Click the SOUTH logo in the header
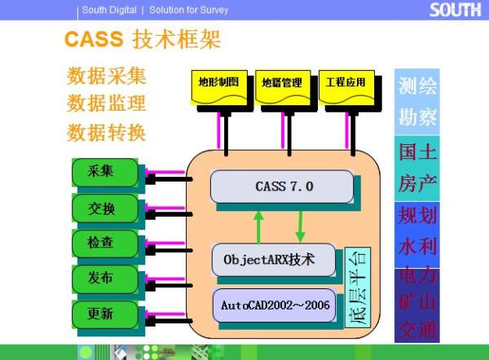(x=457, y=10)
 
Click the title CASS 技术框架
(x=143, y=40)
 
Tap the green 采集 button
(x=101, y=172)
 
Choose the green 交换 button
(x=101, y=209)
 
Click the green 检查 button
(x=101, y=243)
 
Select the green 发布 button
(x=101, y=279)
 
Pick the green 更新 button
(x=101, y=314)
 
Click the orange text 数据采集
(x=107, y=77)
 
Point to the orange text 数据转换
(x=107, y=131)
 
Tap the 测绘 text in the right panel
(x=418, y=86)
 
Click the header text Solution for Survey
(x=190, y=10)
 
